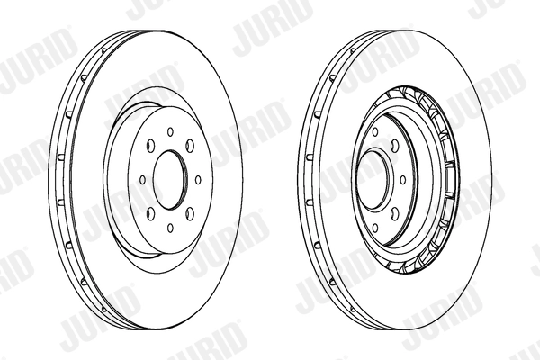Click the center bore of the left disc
(x=170, y=179)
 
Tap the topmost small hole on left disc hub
(x=170, y=132)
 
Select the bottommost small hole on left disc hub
(x=170, y=228)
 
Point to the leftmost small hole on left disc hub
(x=143, y=180)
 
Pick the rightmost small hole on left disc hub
(x=198, y=180)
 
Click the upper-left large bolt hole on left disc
(x=150, y=146)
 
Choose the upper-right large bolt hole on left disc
(x=190, y=146)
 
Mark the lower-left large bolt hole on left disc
(x=150, y=214)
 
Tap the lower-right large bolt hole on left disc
(x=190, y=214)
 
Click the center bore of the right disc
(x=373, y=179)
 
